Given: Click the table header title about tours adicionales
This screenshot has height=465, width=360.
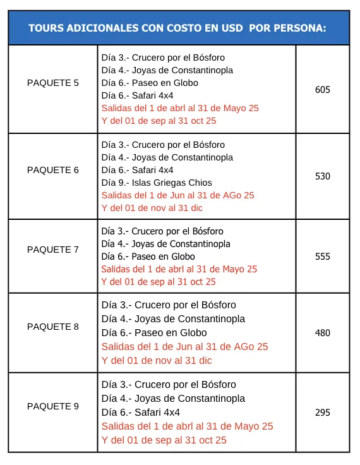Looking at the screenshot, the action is click(177, 28).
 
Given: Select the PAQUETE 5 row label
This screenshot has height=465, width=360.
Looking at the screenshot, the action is click(53, 83).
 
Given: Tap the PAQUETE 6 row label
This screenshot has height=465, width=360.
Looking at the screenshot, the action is click(53, 170).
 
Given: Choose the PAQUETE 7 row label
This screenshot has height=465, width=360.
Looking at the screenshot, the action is click(53, 250).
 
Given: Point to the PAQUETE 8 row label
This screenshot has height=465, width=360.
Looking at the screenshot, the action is click(53, 327).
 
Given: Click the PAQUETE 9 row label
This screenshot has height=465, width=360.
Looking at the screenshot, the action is click(53, 406).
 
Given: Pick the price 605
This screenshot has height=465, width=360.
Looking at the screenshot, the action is click(323, 90).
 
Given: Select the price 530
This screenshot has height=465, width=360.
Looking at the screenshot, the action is click(323, 176).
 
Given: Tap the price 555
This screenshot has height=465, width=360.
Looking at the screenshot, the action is click(323, 257).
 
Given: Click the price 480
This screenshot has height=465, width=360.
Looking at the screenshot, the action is click(323, 333).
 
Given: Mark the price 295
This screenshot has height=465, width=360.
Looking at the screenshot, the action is click(323, 413).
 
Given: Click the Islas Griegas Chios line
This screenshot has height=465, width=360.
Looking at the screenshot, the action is click(157, 183).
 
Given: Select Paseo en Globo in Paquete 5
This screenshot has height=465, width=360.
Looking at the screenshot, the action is click(150, 83).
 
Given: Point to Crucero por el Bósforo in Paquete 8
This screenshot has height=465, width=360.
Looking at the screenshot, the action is click(169, 305).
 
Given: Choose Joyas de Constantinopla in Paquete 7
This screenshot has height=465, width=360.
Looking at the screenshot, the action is click(165, 244).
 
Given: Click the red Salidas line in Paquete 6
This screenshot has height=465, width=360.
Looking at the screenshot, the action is click(177, 195).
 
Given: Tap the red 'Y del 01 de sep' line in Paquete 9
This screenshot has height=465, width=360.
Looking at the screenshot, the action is click(164, 440).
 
